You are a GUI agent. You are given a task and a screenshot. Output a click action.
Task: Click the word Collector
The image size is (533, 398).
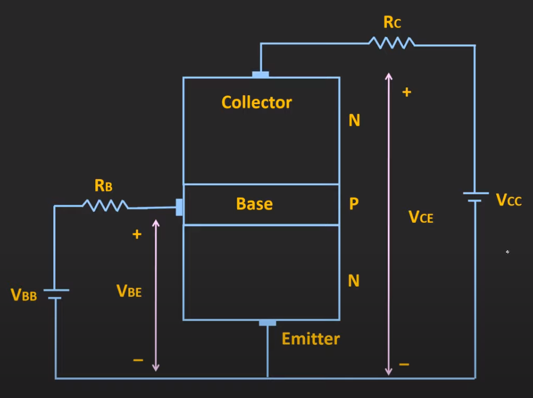click(257, 102)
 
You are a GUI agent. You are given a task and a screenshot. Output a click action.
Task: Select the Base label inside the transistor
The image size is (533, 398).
click(254, 204)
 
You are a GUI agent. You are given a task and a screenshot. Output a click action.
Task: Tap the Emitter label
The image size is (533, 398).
click(310, 339)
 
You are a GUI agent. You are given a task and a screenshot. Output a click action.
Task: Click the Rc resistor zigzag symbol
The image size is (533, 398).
click(391, 42)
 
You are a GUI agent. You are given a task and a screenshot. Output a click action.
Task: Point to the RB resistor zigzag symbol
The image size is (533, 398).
click(105, 206)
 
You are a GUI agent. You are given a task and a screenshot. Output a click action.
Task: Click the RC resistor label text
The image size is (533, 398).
click(392, 23)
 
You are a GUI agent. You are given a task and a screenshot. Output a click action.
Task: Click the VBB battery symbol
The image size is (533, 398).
click(55, 294)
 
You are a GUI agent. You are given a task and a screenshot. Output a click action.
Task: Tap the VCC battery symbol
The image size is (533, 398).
click(475, 197)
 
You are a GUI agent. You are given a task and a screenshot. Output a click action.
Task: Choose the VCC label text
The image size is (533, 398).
click(509, 200)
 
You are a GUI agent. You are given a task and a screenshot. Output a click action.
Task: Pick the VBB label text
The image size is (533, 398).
click(24, 295)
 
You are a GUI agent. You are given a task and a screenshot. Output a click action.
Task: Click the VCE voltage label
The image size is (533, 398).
click(421, 217)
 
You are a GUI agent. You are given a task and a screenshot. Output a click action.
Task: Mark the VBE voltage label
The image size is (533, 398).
click(129, 291)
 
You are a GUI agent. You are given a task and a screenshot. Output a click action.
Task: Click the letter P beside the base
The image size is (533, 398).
click(354, 204)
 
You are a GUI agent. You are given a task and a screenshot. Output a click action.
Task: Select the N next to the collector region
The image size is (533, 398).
click(354, 120)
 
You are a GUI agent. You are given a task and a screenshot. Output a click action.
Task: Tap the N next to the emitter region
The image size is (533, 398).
click(354, 280)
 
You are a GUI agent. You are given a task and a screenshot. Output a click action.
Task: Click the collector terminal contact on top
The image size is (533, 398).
click(261, 74)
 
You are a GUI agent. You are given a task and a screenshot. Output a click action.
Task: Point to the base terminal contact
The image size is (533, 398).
click(179, 207)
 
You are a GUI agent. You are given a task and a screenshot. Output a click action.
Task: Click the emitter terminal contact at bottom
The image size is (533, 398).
click(267, 323)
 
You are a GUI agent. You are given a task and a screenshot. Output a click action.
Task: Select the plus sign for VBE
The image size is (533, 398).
click(136, 235)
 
